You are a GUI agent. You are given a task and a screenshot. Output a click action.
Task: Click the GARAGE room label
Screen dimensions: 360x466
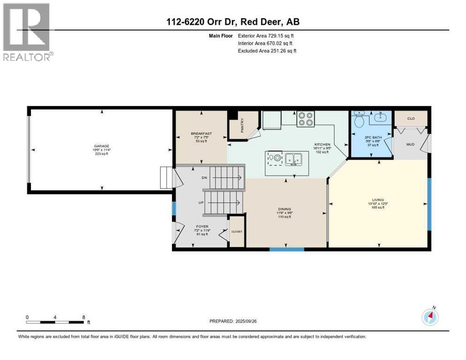102,146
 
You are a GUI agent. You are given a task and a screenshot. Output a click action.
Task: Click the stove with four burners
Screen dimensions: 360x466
306,119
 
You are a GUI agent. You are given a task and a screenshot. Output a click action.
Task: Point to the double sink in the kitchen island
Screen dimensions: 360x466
294,159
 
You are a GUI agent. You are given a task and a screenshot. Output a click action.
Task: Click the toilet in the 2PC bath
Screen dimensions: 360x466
359,121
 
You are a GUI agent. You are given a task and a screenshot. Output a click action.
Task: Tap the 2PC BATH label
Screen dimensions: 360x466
371,138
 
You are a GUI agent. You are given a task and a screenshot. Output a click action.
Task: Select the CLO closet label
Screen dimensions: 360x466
411,119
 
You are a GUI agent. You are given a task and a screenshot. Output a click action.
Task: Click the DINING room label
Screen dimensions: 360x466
285,209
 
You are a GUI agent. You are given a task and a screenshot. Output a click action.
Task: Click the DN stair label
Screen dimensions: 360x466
204,178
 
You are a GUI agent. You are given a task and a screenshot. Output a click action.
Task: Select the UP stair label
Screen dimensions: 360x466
201,203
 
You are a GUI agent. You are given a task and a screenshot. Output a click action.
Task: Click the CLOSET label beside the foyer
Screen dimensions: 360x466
237,232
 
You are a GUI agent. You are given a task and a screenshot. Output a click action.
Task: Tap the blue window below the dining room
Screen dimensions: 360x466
286,249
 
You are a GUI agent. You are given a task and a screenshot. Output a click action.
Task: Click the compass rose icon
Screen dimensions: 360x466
430,317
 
